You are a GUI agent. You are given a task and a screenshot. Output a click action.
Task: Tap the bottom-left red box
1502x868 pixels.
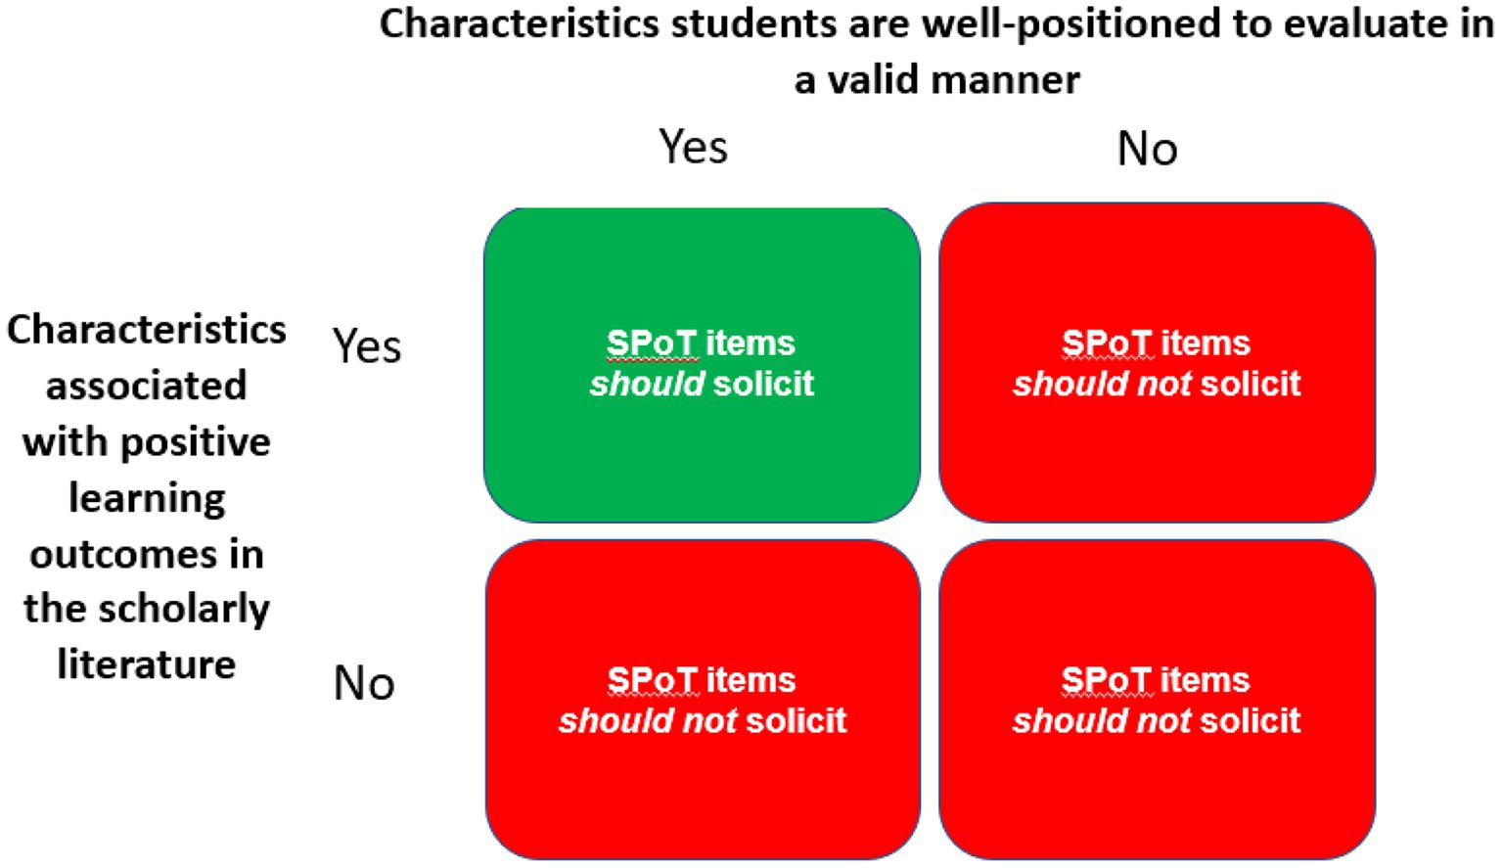[x=702, y=783]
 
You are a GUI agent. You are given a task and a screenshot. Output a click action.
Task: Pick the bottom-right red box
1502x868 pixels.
[x=1157, y=783]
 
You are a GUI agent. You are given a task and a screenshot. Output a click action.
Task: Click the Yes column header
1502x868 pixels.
[x=693, y=148]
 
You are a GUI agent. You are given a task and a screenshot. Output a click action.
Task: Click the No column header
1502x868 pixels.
[x=1147, y=150]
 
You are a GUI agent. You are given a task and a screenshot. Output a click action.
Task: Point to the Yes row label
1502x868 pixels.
[x=367, y=346]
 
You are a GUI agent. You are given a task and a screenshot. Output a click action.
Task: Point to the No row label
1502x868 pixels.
[x=364, y=683]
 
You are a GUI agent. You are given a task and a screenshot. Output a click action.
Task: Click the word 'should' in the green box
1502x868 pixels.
[x=647, y=384]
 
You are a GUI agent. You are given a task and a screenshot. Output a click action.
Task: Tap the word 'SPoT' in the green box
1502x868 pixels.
[x=651, y=343]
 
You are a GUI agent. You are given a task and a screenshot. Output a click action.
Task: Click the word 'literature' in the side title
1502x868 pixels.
[x=147, y=664]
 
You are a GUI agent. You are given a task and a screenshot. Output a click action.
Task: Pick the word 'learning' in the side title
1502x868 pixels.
[x=147, y=499]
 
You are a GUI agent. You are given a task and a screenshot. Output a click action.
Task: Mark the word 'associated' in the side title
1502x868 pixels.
[x=147, y=386]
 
